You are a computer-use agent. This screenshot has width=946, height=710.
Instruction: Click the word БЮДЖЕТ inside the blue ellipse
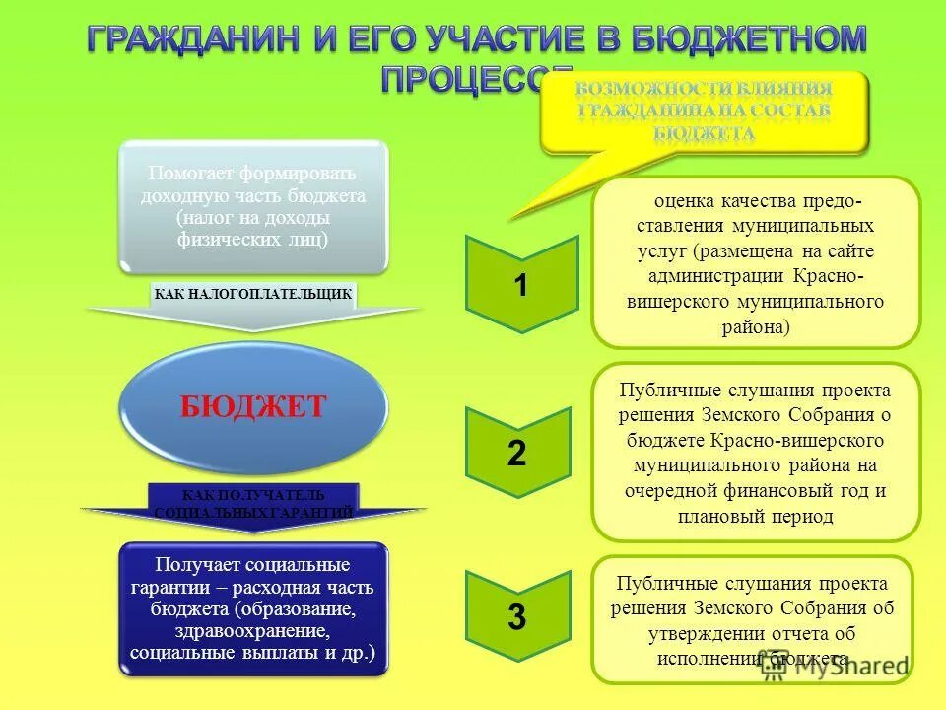click(x=252, y=407)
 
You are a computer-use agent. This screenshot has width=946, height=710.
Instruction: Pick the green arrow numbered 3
click(x=517, y=618)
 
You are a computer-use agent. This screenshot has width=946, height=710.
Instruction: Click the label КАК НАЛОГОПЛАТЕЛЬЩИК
click(x=253, y=294)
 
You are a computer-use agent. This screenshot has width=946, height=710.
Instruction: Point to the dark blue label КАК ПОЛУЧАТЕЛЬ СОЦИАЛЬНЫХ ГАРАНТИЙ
click(x=253, y=503)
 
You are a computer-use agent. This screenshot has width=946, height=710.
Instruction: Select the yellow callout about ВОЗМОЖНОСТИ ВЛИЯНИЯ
click(x=704, y=110)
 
